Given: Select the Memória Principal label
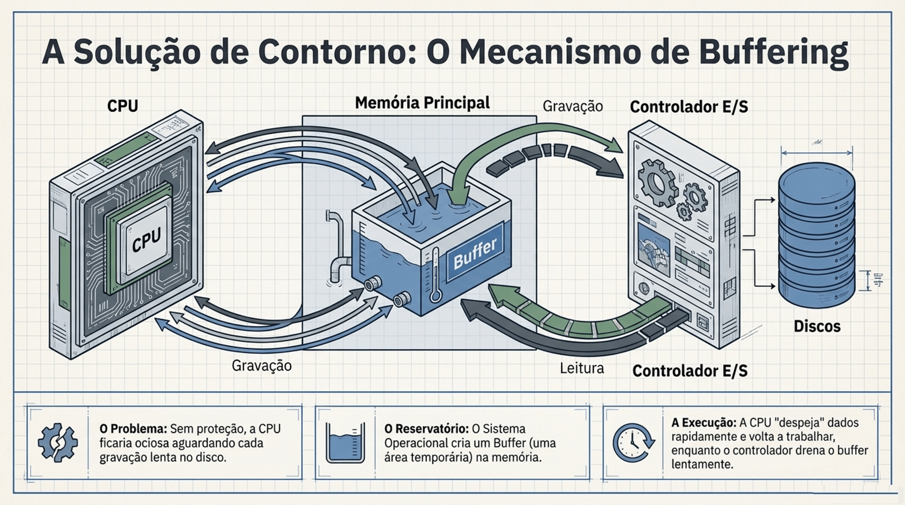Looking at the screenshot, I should coord(422,103).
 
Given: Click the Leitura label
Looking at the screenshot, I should coord(582,368).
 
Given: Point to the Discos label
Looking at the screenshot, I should coord(817,326).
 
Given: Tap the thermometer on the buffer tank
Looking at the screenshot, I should coord(435,275).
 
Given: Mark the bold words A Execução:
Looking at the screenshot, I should coord(703,423).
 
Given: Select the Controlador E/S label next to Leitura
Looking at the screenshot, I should coord(690,371).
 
